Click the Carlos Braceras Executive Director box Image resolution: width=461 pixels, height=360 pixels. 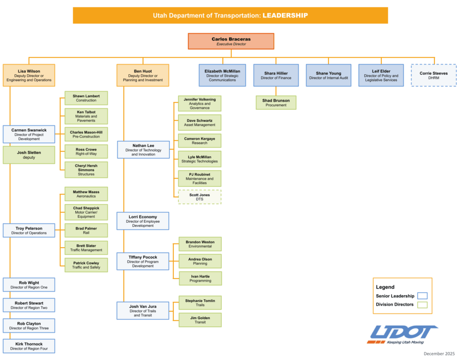point(231,41)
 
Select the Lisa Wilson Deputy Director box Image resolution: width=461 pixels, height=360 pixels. point(29,75)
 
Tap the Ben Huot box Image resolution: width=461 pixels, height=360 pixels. point(143,75)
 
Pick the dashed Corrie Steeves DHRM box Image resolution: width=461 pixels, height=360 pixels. point(434,75)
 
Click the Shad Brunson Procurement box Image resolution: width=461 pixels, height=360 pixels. point(276,103)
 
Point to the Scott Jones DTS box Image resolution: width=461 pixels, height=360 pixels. point(200,197)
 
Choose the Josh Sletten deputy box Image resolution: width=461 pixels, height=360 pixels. point(29,155)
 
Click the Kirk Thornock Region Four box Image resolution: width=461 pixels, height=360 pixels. point(29,346)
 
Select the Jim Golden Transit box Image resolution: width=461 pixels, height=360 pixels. point(200,319)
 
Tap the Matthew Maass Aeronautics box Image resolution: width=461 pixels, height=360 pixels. point(86,194)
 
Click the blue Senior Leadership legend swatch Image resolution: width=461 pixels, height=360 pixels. point(422,296)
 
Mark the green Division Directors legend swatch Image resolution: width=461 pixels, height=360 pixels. point(422,305)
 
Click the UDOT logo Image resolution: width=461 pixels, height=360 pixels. point(402,334)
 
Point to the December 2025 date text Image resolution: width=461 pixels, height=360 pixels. point(439,354)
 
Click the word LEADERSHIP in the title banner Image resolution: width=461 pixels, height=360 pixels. point(285,15)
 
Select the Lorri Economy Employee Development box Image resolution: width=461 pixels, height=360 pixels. point(143,221)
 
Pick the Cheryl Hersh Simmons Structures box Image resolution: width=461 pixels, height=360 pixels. point(86,170)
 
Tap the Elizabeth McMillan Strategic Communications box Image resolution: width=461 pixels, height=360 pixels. point(222,75)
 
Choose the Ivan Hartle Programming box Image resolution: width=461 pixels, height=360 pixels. point(200,278)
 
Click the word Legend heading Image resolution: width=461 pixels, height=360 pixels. point(385,287)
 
